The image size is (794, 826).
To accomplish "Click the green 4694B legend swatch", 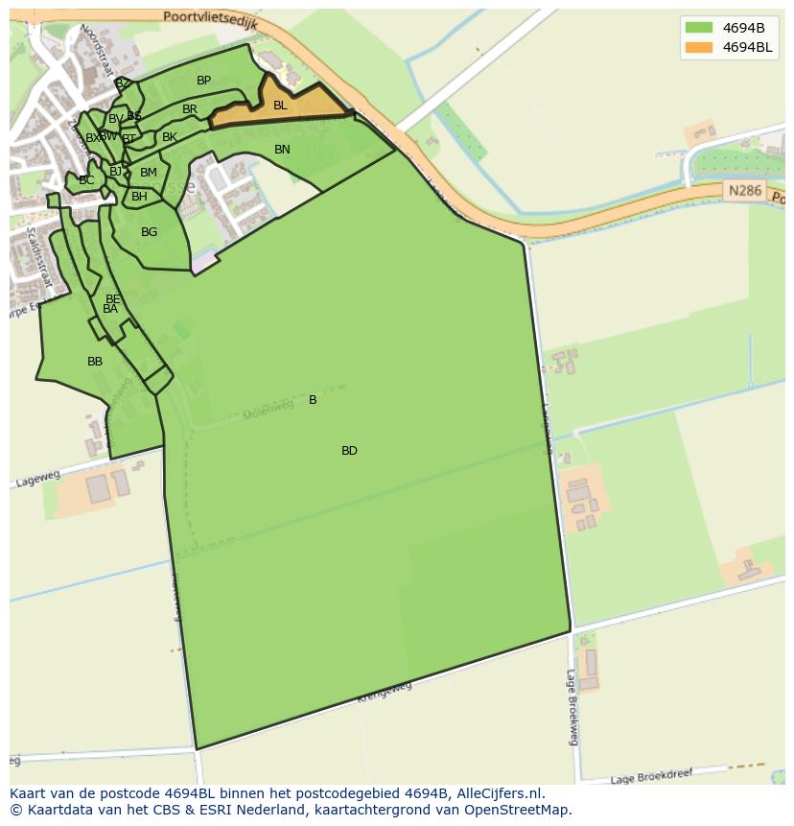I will tap(699, 27).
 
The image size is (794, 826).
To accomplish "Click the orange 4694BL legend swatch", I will tap(699, 47).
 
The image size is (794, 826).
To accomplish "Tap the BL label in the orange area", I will tap(280, 106).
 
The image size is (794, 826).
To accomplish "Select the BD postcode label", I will tap(349, 451).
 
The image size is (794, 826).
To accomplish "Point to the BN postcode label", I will tap(282, 150).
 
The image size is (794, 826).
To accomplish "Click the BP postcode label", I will tap(203, 81).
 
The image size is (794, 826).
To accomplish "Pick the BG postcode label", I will tap(149, 232).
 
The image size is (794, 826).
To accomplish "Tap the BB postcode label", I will tap(95, 362).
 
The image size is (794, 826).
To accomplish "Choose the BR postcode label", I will tap(190, 109).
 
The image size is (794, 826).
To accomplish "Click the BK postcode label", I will tap(170, 137).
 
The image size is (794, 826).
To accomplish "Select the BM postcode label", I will tap(149, 173).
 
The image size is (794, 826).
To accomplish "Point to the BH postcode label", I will tap(140, 197).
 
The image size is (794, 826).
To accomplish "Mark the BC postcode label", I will tap(86, 180).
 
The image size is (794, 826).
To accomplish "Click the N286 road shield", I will tap(744, 191).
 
